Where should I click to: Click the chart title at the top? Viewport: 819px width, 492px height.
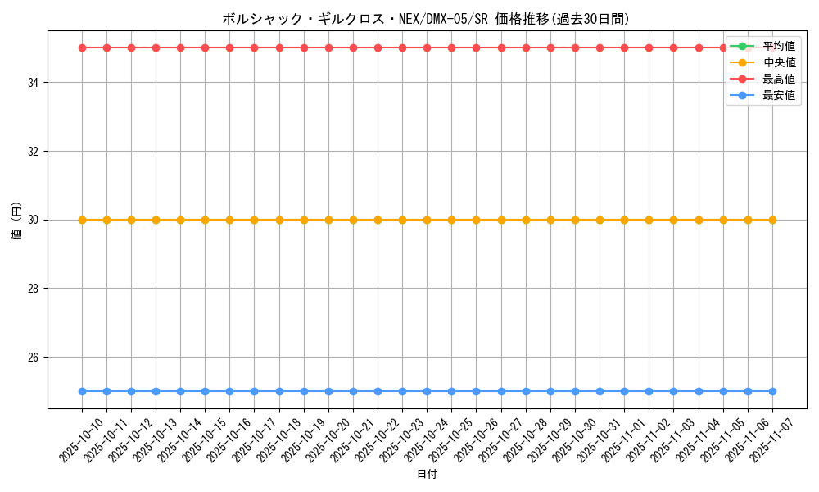426,18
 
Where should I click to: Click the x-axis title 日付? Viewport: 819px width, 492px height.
427,475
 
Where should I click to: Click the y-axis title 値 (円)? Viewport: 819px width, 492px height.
16,220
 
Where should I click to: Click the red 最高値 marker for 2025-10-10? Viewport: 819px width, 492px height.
82,48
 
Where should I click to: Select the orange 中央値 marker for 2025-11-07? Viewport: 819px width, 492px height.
772,220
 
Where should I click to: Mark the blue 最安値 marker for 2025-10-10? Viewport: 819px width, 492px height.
82,392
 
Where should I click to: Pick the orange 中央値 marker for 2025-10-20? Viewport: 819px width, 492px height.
328,220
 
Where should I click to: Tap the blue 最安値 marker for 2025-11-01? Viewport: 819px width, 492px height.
624,392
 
